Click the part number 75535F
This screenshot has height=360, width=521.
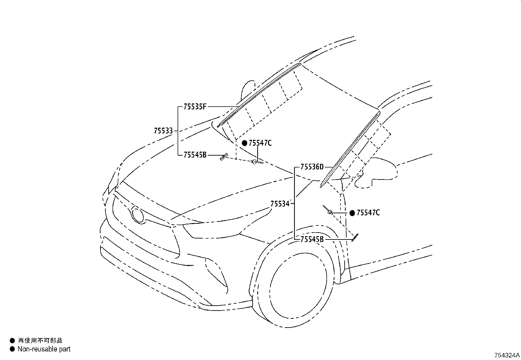pyautogui.click(x=195, y=107)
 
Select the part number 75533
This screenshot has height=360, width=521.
pyautogui.click(x=163, y=131)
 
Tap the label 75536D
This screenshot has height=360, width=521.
pyautogui.click(x=312, y=167)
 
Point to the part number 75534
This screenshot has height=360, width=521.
pyautogui.click(x=280, y=204)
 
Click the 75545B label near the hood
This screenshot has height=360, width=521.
pyautogui.click(x=195, y=155)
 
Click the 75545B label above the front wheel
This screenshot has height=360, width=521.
pyautogui.click(x=312, y=239)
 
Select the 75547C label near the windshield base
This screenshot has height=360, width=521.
pyautogui.click(x=260, y=143)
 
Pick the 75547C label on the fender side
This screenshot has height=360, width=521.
pyautogui.click(x=368, y=213)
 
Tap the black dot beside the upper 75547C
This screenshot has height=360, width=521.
pyautogui.click(x=244, y=143)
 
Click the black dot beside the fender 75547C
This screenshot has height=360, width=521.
pyautogui.click(x=352, y=213)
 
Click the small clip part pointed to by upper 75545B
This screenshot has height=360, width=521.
pyautogui.click(x=224, y=157)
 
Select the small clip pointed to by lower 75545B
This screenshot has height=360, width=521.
pyautogui.click(x=355, y=237)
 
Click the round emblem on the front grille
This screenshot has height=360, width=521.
pyautogui.click(x=138, y=214)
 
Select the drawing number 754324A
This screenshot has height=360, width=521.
pyautogui.click(x=507, y=355)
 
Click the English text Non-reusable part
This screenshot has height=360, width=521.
pyautogui.click(x=44, y=349)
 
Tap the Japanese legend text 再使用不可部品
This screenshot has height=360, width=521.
pyautogui.click(x=40, y=341)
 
